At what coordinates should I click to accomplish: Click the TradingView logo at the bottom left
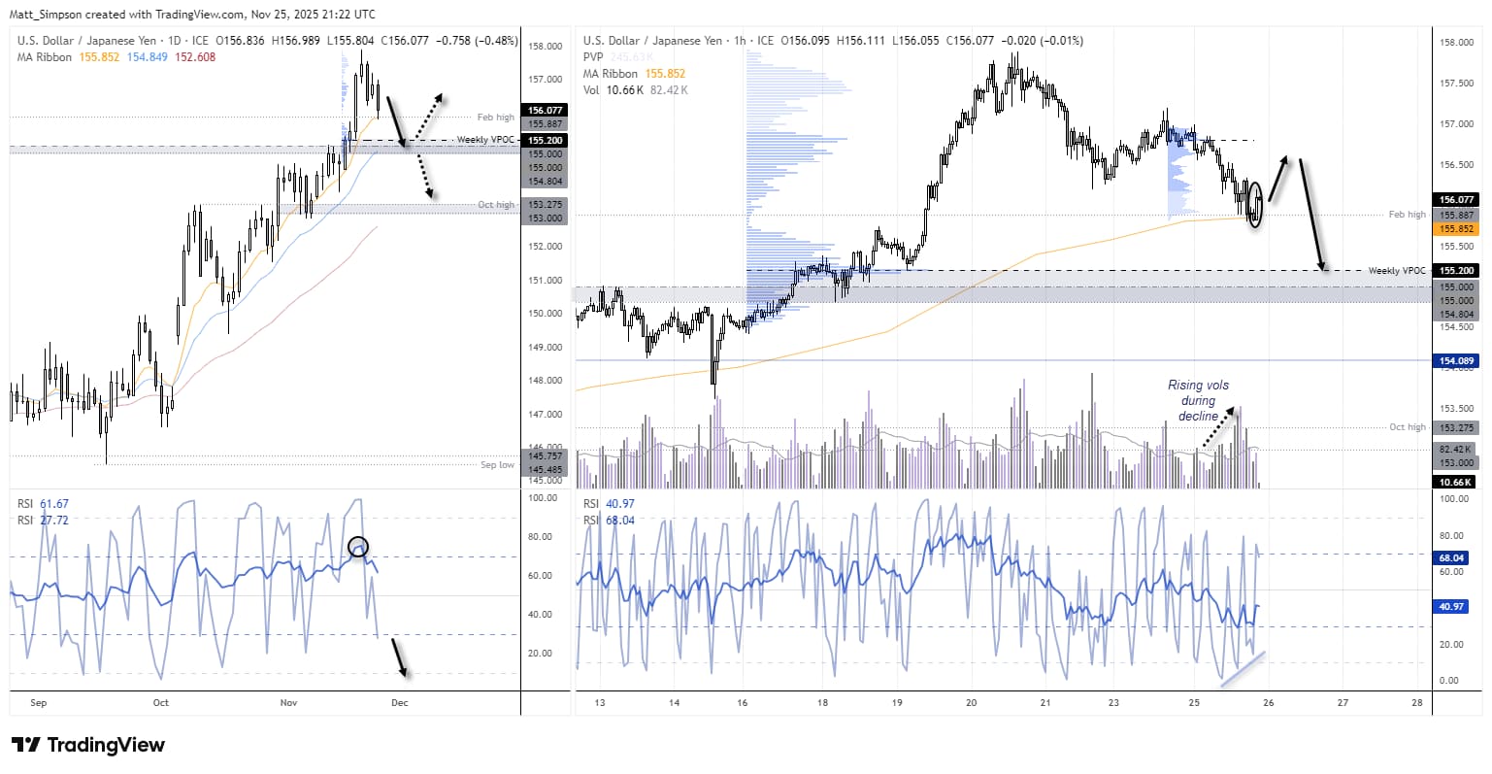87,745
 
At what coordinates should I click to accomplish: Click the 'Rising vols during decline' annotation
1198,400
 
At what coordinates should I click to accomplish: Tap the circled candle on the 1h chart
1256,204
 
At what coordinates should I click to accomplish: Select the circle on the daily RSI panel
358,547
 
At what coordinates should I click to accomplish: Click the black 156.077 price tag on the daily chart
546,111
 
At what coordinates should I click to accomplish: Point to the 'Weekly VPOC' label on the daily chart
484,140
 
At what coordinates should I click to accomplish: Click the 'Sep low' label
497,465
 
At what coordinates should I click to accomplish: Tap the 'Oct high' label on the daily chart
496,205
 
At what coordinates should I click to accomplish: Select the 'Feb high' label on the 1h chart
1407,214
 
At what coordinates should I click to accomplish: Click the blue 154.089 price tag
1456,361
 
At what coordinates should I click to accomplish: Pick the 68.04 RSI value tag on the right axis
1451,558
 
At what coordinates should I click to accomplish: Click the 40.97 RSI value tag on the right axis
1451,607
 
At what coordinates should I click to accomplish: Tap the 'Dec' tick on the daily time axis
400,702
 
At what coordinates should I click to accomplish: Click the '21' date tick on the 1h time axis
1044,702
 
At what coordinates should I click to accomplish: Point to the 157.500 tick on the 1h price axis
1456,84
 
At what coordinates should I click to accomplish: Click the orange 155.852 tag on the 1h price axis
1456,229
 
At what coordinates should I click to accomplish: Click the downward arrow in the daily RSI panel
399,657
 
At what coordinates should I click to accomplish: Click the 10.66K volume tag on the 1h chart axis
1456,482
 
